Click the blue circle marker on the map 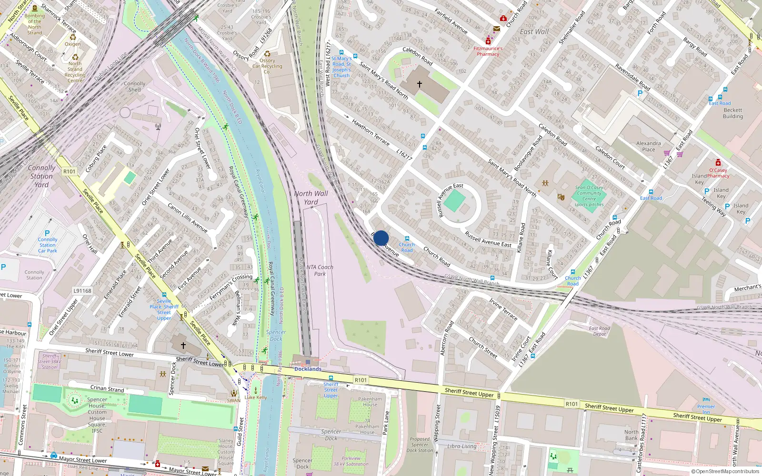pyautogui.click(x=381, y=238)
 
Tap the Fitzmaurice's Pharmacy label pyautogui.click(x=488, y=51)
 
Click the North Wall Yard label pyautogui.click(x=311, y=198)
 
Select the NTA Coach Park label pyautogui.click(x=320, y=270)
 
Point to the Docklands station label pyautogui.click(x=308, y=369)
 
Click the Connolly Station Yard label pyautogui.click(x=41, y=176)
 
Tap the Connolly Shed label pyautogui.click(x=135, y=86)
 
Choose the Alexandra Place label pyautogui.click(x=648, y=146)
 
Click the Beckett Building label pyautogui.click(x=732, y=113)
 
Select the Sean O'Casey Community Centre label pyautogui.click(x=589, y=196)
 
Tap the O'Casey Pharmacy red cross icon pyautogui.click(x=718, y=163)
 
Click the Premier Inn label pyautogui.click(x=706, y=409)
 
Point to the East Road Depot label pyautogui.click(x=599, y=331)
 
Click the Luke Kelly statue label pyautogui.click(x=256, y=397)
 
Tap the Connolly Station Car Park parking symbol pyautogui.click(x=47, y=233)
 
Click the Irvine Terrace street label pyautogui.click(x=503, y=308)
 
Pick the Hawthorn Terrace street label pyautogui.click(x=370, y=131)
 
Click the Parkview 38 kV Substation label pyautogui.click(x=351, y=461)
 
